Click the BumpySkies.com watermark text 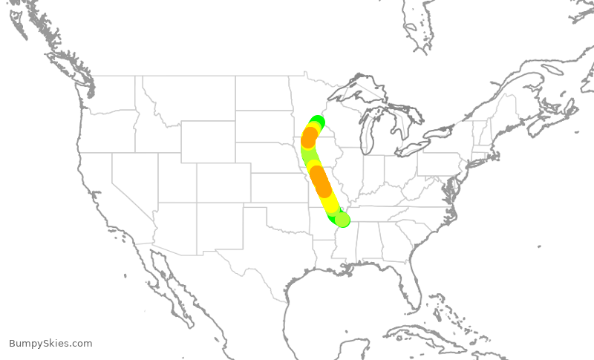point(50,344)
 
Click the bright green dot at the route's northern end point(318,122)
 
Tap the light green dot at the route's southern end point(342,219)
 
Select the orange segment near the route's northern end point(310,137)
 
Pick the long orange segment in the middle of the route point(320,180)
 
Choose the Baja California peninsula point(167,286)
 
